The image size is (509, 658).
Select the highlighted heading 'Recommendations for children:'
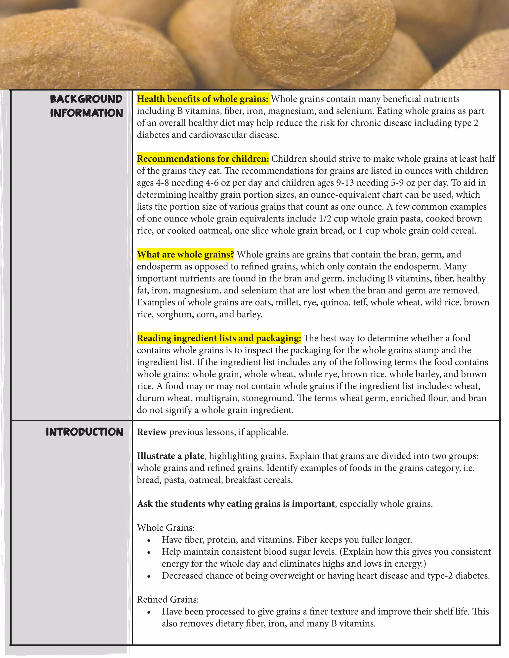(x=203, y=159)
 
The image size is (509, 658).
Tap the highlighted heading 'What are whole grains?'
(x=185, y=255)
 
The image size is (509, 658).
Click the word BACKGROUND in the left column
(x=86, y=99)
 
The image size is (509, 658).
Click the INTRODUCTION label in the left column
(x=85, y=432)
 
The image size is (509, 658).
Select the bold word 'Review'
(x=152, y=432)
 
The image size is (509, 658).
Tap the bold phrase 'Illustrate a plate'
(x=171, y=456)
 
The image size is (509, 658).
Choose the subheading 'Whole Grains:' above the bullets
(x=166, y=528)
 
